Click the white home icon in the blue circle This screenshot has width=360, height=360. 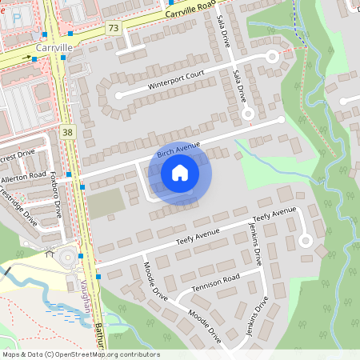point(180,173)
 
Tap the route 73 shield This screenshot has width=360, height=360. point(113,28)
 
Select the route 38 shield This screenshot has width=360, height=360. point(67,131)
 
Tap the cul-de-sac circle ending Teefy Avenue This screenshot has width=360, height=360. point(304,240)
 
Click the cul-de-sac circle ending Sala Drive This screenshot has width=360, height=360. point(248,114)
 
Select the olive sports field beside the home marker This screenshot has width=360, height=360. point(106,203)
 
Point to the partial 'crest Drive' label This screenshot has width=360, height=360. point(18,154)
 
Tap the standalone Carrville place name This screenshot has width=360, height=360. point(54,48)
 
